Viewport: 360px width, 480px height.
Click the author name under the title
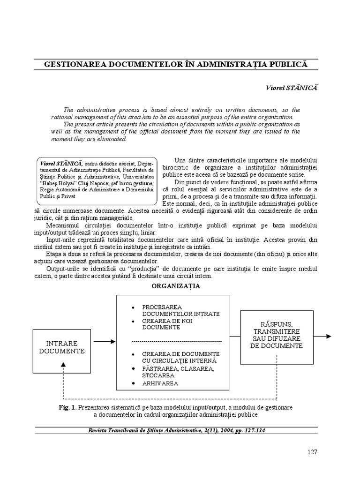(x=291, y=88)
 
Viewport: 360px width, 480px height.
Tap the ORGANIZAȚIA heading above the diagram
(x=176, y=286)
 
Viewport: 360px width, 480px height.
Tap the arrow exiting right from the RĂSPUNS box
(x=323, y=336)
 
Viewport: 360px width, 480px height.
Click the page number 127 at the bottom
(x=312, y=452)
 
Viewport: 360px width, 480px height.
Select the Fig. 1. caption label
(x=67, y=407)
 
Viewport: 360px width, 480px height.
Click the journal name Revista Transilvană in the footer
(x=123, y=431)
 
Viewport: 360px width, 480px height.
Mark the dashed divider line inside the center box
(x=176, y=341)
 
